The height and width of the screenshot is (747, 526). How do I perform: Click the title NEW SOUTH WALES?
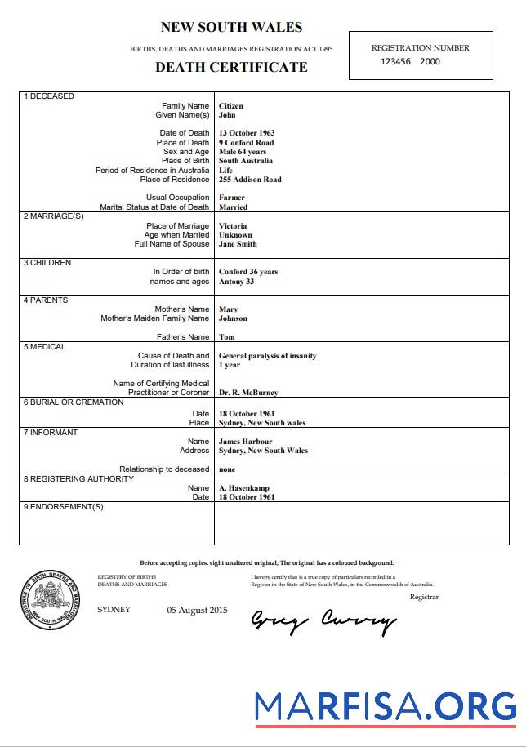click(x=231, y=28)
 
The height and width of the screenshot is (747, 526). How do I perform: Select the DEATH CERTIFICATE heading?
click(x=231, y=67)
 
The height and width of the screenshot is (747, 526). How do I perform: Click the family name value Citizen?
click(x=230, y=106)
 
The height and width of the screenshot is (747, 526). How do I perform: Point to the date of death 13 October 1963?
click(x=247, y=133)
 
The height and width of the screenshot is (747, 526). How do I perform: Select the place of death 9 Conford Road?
click(x=246, y=143)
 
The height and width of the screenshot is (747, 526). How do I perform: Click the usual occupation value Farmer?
click(x=231, y=198)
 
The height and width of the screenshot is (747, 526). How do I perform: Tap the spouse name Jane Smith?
click(x=238, y=244)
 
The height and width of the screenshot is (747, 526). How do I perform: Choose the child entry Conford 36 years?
click(x=248, y=272)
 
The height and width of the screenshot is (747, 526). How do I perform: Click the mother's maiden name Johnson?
click(x=233, y=318)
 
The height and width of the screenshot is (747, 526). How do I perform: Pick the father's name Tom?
click(x=227, y=337)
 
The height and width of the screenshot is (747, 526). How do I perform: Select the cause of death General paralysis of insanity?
click(x=267, y=356)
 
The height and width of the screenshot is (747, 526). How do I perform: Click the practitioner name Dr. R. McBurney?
click(x=248, y=393)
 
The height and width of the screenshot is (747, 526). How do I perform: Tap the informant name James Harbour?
click(x=245, y=442)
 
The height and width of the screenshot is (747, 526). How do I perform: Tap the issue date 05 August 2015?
click(x=197, y=611)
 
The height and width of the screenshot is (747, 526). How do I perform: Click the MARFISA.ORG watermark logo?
click(x=385, y=707)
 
